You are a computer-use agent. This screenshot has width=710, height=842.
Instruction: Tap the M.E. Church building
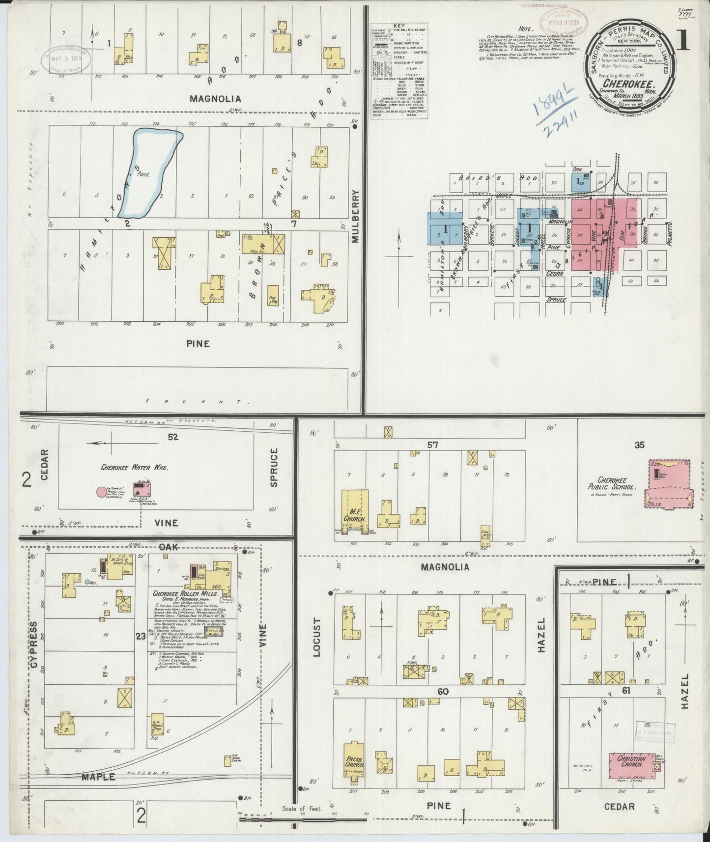pyautogui.click(x=355, y=513)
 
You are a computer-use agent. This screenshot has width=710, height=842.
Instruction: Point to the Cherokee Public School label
pyautogui.click(x=614, y=483)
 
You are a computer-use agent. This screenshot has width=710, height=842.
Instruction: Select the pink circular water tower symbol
pyautogui.click(x=101, y=491)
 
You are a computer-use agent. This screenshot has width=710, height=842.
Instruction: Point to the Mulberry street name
pyautogui.click(x=356, y=217)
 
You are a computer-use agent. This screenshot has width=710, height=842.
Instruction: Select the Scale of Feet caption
pyautogui.click(x=302, y=809)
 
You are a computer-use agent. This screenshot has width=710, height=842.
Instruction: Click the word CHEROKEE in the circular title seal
pyautogui.click(x=630, y=84)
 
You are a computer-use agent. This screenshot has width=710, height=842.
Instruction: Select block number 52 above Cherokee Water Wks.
pyautogui.click(x=172, y=437)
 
